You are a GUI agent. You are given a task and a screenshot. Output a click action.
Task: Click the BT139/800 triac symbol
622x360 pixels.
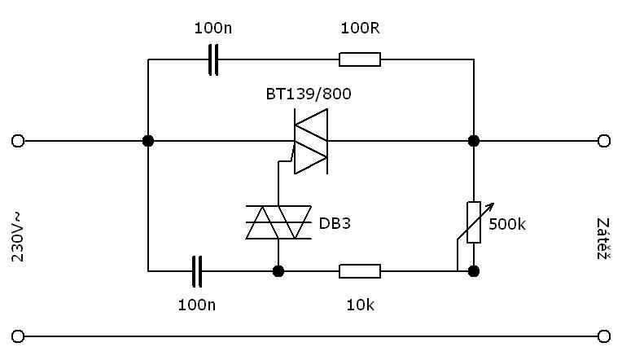click(310, 140)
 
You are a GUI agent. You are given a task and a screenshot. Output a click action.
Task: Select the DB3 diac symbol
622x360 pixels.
click(278, 222)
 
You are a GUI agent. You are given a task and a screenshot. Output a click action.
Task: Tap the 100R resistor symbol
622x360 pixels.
click(359, 59)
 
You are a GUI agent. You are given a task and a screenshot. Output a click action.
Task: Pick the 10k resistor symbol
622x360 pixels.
click(359, 270)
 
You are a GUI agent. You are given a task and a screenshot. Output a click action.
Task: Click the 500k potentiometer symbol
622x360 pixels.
click(474, 222)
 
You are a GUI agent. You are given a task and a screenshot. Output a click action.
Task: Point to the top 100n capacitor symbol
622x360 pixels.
click(213, 59)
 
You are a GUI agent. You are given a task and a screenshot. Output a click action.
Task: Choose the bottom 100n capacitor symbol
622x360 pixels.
click(197, 270)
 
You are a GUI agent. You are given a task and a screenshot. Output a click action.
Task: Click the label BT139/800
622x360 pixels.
click(309, 94)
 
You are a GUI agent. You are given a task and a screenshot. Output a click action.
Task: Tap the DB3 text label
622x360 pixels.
click(335, 222)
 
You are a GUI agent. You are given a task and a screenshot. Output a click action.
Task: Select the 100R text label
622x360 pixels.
click(360, 29)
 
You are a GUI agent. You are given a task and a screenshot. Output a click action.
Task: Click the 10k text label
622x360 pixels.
click(360, 305)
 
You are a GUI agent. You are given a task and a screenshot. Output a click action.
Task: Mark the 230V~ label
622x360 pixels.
click(18, 237)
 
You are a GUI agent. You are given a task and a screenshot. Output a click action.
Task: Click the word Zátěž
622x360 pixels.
click(602, 238)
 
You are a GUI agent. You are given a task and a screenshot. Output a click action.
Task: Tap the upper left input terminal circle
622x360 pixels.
click(18, 140)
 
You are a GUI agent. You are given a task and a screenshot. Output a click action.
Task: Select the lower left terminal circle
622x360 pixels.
click(18, 336)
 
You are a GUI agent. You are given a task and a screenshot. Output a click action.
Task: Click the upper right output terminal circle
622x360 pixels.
click(603, 140)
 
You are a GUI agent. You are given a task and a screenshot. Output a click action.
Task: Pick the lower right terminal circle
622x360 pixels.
click(603, 336)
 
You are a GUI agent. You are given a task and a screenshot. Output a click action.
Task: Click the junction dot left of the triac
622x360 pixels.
click(148, 140)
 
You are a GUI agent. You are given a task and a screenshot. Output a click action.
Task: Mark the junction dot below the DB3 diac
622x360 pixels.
click(278, 270)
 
